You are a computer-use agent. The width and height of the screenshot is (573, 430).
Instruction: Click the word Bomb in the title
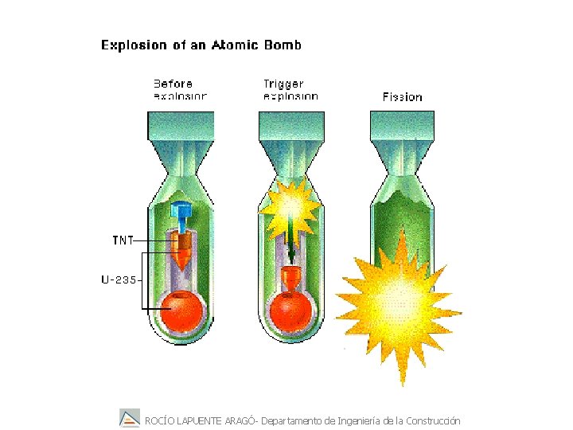click(x=284, y=45)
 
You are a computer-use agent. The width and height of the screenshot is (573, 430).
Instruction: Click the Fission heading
click(x=402, y=96)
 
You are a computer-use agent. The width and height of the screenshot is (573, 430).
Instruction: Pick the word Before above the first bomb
click(x=173, y=83)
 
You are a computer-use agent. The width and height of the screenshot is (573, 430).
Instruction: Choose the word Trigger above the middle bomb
click(x=283, y=83)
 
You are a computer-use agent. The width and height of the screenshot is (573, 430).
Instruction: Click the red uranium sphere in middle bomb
click(x=291, y=311)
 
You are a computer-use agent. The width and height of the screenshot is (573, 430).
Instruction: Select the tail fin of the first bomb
click(x=181, y=127)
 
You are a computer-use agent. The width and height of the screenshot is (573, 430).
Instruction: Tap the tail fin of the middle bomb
click(x=291, y=127)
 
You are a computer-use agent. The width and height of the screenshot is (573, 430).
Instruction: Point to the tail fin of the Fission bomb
click(x=402, y=127)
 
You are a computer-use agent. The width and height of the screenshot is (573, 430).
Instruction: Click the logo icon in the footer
click(x=130, y=418)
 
